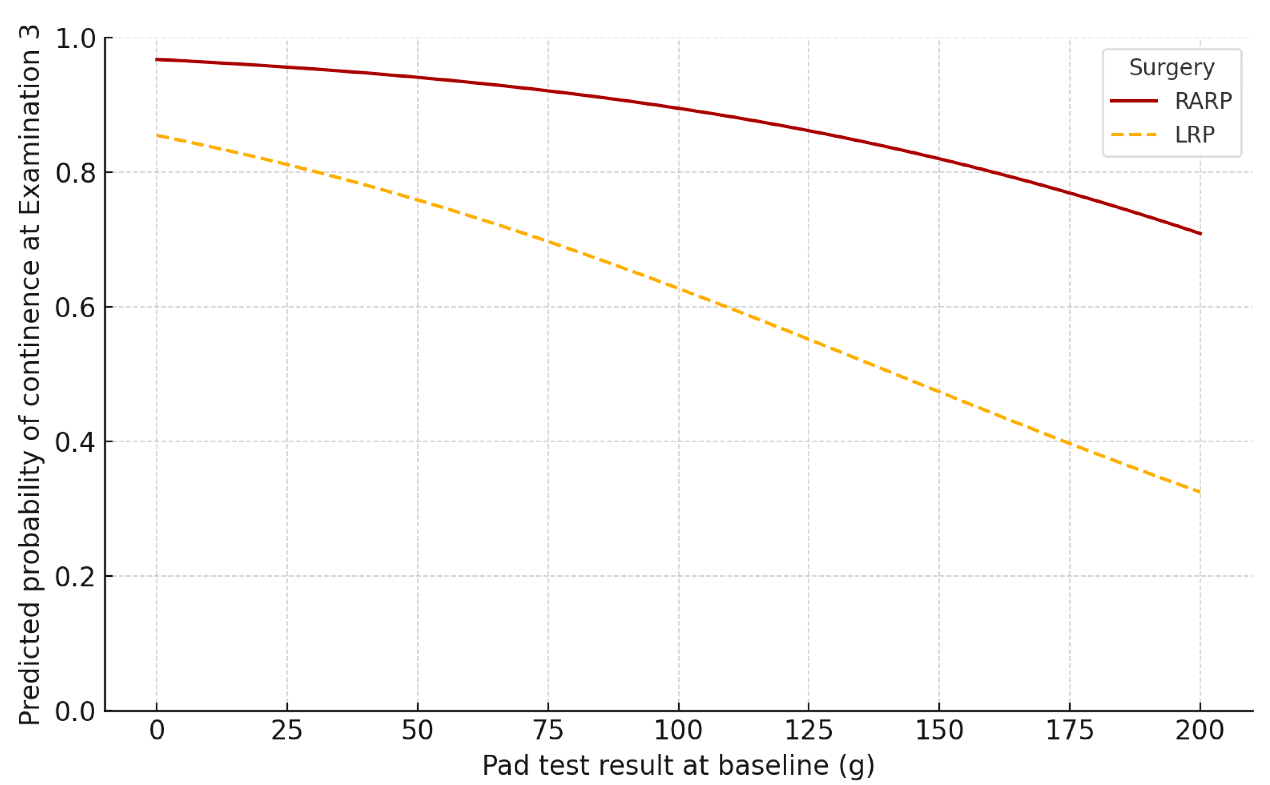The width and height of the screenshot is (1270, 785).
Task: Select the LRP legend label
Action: (1194, 135)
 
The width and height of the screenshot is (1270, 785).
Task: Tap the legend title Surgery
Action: (1171, 68)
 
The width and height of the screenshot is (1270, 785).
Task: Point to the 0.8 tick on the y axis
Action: (76, 173)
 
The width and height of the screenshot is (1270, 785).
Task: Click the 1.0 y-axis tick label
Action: (76, 38)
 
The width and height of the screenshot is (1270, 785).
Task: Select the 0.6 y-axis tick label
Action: (76, 307)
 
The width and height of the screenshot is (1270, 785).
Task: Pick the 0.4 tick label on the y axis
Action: (76, 442)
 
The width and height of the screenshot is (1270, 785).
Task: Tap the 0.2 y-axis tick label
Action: (76, 577)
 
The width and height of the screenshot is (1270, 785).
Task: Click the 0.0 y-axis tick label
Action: (76, 711)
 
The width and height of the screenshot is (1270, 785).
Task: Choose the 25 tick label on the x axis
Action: (287, 731)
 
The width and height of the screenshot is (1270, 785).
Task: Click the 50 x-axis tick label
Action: (417, 731)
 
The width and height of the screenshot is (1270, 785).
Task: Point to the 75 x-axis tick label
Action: (548, 731)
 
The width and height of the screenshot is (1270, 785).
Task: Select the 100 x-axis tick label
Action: (678, 731)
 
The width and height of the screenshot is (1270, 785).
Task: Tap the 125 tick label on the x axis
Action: (809, 731)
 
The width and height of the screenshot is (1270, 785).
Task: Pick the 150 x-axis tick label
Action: (939, 731)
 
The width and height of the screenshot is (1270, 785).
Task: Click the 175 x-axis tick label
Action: (1069, 731)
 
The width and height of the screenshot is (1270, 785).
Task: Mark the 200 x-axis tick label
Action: (1200, 731)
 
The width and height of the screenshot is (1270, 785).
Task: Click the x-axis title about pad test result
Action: (678, 765)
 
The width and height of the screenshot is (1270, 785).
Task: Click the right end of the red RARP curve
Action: (1200, 234)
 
